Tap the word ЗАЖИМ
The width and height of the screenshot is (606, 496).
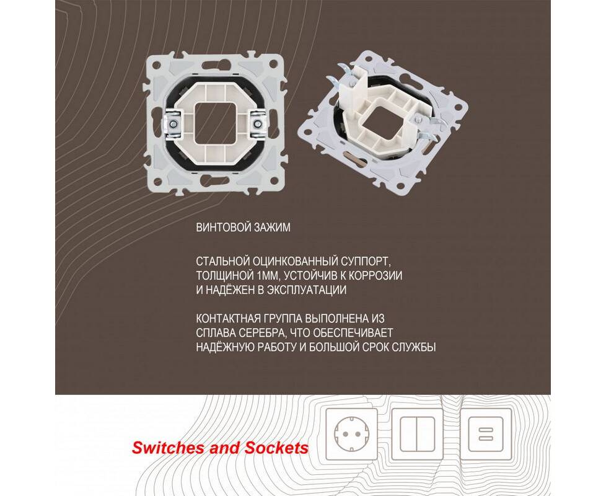(x=272, y=228)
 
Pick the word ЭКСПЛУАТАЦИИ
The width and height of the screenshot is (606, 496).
(x=307, y=290)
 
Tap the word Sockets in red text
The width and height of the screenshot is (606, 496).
(x=276, y=448)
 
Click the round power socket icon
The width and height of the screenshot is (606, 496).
(x=352, y=435)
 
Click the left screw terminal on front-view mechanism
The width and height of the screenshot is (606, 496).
(x=173, y=124)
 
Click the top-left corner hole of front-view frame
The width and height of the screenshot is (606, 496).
(x=157, y=63)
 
